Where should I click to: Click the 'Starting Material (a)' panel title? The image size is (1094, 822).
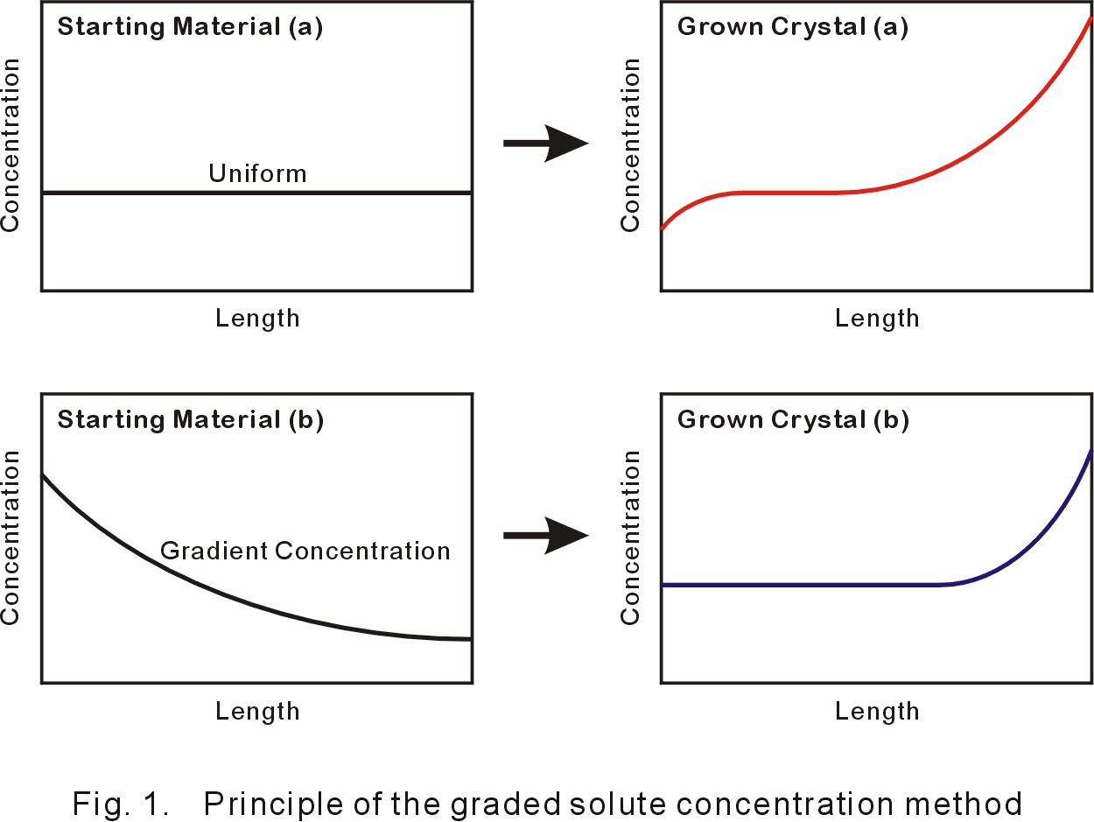coord(190,27)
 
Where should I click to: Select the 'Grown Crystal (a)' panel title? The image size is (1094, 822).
coord(793,27)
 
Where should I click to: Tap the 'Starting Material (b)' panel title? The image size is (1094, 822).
coord(190,420)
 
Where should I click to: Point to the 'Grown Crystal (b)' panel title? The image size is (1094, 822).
coord(793,420)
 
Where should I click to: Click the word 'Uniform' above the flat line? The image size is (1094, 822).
coord(257,173)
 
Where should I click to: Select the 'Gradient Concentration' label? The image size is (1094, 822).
coord(305,551)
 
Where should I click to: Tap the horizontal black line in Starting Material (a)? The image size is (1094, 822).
coord(131,193)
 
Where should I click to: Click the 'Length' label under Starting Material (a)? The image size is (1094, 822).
coord(257,318)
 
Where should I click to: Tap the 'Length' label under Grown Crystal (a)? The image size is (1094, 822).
coord(877,318)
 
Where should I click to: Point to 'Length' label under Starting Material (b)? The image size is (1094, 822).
coord(257,711)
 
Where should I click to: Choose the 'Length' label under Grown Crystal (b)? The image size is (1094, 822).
coord(877,711)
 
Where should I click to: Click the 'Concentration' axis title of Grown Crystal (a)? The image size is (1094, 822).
coord(630,145)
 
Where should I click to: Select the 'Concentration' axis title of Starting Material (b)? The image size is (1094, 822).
coord(11,537)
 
